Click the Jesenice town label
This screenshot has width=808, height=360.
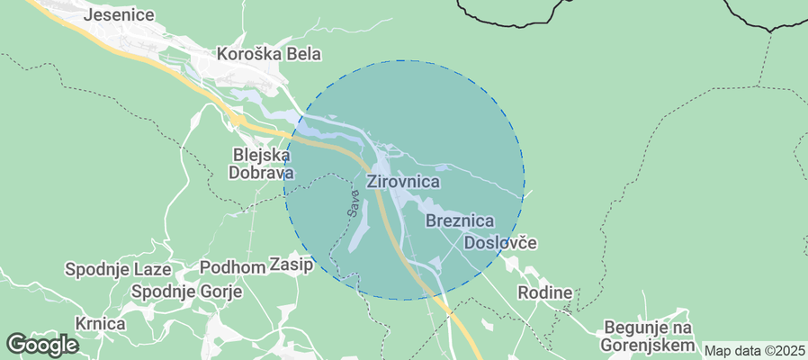pyautogui.click(x=118, y=15)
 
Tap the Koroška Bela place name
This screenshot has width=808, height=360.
pyautogui.click(x=269, y=54)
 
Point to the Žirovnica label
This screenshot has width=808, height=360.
pyautogui.click(x=404, y=182)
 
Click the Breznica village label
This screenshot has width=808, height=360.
pyautogui.click(x=460, y=220)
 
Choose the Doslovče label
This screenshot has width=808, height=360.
pyautogui.click(x=500, y=243)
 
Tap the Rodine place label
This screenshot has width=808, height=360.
pyautogui.click(x=545, y=292)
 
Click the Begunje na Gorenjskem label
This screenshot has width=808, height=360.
pyautogui.click(x=648, y=336)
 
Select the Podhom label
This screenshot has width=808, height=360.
pyautogui.click(x=231, y=266)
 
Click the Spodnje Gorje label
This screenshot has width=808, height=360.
pyautogui.click(x=183, y=292)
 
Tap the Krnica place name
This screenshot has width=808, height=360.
pyautogui.click(x=99, y=322)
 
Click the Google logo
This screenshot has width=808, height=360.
pyautogui.click(x=42, y=344)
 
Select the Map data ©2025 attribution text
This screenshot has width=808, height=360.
pyautogui.click(x=754, y=350)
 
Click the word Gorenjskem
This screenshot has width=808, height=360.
pyautogui.click(x=648, y=346)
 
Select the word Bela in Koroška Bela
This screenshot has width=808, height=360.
pyautogui.click(x=304, y=54)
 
